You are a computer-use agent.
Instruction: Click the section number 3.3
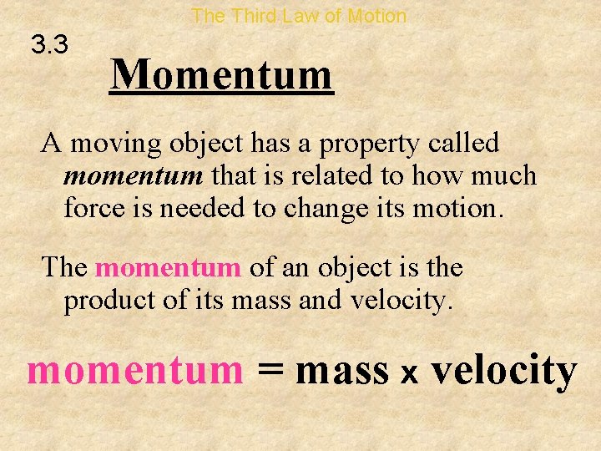(x=50, y=45)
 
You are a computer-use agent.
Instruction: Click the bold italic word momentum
(x=134, y=176)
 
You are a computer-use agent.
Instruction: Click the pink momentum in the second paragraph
(x=168, y=268)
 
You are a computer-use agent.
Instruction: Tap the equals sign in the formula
(x=270, y=370)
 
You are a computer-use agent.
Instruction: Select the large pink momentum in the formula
(x=134, y=370)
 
